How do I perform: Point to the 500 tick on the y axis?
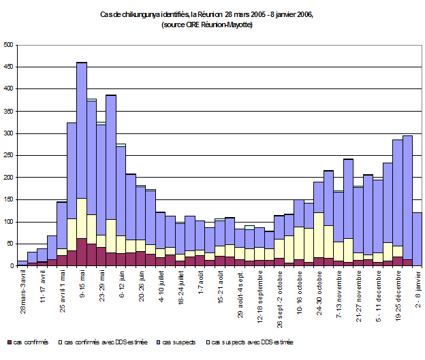[x=8, y=45]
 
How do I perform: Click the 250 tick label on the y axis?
[x=8, y=155]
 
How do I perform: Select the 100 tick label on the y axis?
[x=8, y=222]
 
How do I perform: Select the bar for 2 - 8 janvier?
[x=416, y=238]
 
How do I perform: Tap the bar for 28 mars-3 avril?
[x=22, y=263]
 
